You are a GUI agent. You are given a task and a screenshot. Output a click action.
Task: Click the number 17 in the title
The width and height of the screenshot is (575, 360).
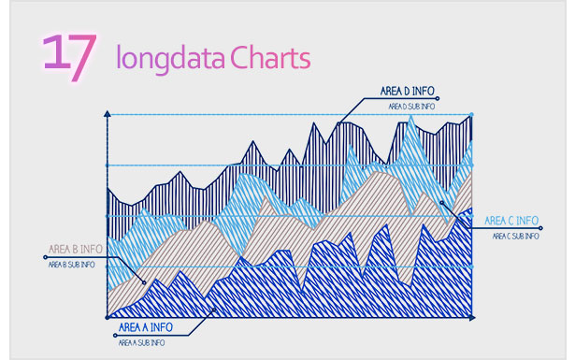coord(68,55)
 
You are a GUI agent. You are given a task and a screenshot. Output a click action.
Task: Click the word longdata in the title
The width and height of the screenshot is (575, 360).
coord(169,58)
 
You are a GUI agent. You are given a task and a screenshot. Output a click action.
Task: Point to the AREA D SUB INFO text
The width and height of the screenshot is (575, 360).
coord(411,107)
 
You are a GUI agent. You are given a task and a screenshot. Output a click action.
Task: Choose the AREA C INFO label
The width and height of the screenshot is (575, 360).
coord(510,221)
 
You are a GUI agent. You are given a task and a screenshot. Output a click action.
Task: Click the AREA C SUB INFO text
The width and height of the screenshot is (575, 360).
coord(513,236)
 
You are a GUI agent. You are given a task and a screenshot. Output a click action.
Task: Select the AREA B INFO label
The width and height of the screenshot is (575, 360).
coord(76,250)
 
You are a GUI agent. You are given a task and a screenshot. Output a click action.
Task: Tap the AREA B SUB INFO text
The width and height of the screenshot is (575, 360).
coord(71,265)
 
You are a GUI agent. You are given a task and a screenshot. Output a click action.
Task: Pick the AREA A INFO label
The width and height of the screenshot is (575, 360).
coord(145,328)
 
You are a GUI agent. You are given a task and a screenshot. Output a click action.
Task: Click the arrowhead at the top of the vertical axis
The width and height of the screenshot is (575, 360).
coord(109,114)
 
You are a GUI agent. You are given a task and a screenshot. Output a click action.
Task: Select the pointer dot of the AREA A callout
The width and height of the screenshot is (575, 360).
coord(216,308)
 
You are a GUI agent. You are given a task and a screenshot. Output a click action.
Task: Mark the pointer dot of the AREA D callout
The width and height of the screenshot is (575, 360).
coord(339,123)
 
